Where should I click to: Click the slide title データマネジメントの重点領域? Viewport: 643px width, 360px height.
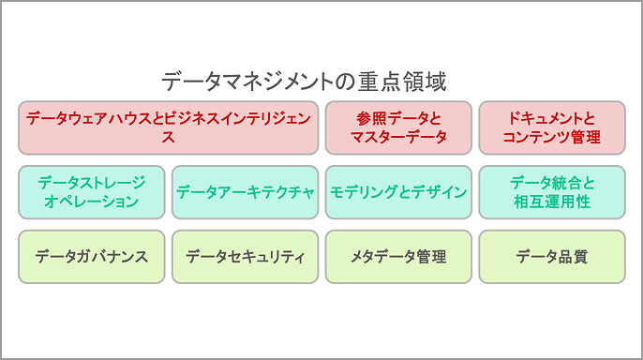pyautogui.click(x=303, y=81)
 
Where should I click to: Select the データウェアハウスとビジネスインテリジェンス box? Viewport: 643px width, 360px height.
pyautogui.click(x=169, y=127)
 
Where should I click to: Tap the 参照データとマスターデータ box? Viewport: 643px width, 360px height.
pyautogui.click(x=398, y=127)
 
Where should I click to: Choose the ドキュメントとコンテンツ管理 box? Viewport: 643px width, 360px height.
pyautogui.click(x=551, y=127)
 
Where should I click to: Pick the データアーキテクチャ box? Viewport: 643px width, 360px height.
pyautogui.click(x=246, y=192)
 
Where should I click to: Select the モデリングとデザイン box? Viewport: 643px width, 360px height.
pyautogui.click(x=398, y=192)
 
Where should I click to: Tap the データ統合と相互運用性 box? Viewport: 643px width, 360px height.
pyautogui.click(x=551, y=192)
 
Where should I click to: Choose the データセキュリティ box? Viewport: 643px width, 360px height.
pyautogui.click(x=246, y=256)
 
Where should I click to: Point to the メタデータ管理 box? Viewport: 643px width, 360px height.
pyautogui.click(x=398, y=256)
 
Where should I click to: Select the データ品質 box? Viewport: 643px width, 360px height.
pyautogui.click(x=551, y=256)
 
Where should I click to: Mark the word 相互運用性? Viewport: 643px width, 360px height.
pyautogui.click(x=551, y=202)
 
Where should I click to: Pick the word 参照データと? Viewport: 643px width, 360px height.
pyautogui.click(x=398, y=119)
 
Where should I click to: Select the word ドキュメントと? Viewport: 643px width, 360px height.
pyautogui.click(x=551, y=119)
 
